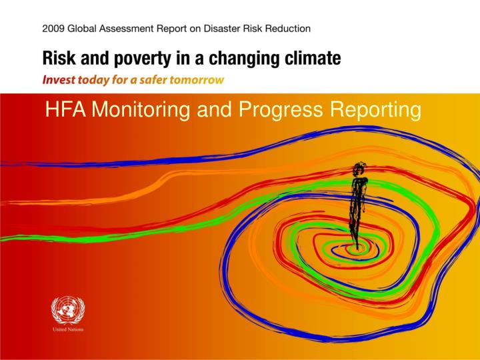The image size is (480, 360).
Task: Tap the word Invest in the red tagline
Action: [58, 79]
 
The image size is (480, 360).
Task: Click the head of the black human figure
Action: [361, 167]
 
